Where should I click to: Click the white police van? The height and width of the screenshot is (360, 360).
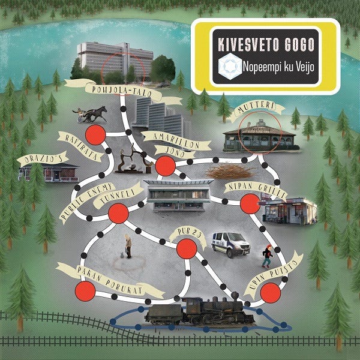230,243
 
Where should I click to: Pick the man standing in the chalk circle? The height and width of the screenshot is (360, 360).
127,246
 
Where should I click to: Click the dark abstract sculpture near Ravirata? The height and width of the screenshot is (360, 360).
131,160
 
